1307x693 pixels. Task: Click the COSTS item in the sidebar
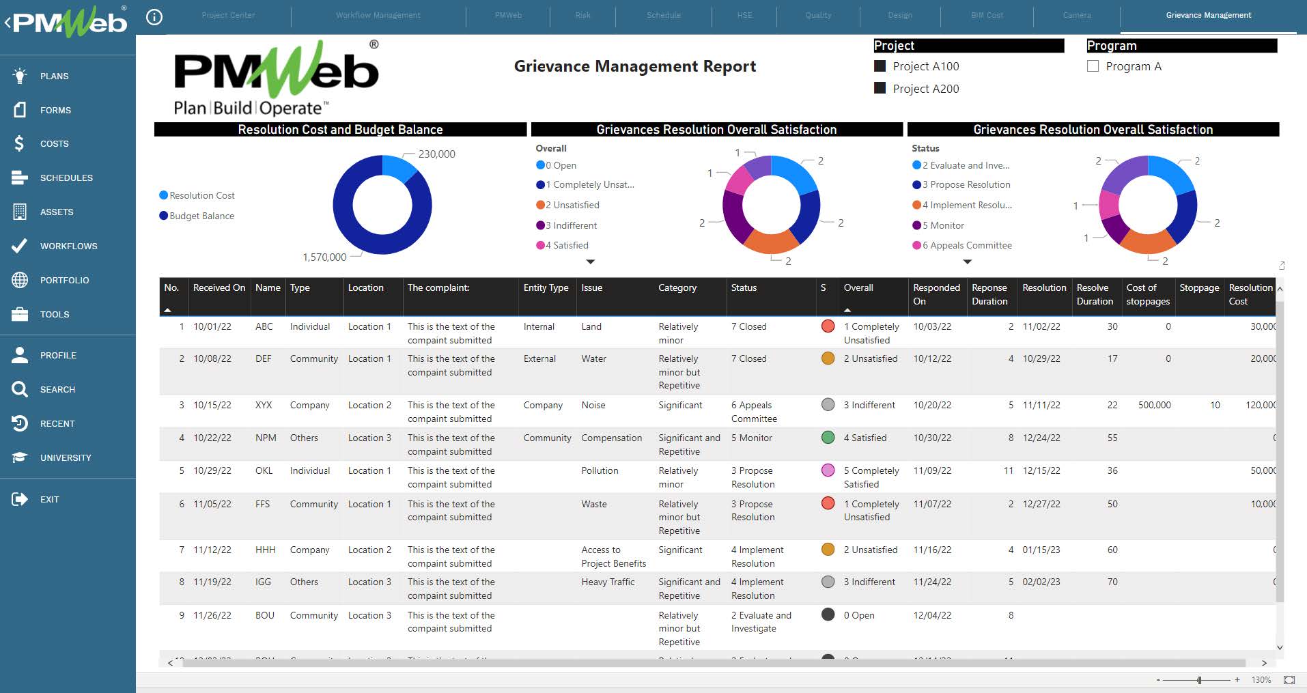tap(54, 143)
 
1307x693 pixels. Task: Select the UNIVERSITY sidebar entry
tap(65, 457)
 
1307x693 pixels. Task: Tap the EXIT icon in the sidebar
tap(20, 499)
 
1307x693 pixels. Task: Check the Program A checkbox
tap(1093, 66)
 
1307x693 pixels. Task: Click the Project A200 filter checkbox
tap(880, 88)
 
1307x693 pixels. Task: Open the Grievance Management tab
tap(1208, 15)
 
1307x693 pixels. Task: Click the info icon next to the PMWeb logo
tap(155, 17)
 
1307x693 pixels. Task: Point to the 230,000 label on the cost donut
tap(436, 154)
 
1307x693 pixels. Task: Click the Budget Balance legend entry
tap(201, 216)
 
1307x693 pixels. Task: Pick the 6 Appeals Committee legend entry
tap(966, 245)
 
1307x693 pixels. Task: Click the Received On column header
tap(219, 288)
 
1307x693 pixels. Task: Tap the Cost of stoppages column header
tap(1147, 294)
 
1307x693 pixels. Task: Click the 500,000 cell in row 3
tap(1154, 405)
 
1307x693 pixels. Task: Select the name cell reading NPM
tap(266, 438)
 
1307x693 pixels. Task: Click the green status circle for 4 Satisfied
tap(828, 438)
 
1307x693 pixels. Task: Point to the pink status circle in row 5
tap(828, 470)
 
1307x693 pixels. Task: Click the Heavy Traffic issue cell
tap(608, 582)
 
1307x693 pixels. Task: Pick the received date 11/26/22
tap(212, 615)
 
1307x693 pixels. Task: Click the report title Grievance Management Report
tap(634, 66)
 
